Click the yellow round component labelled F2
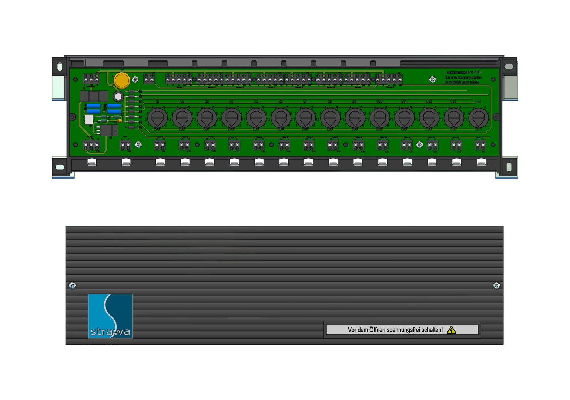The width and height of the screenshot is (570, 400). coord(122,80)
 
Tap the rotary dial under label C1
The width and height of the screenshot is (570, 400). coord(157,118)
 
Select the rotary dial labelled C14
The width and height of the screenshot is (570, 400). coord(478,118)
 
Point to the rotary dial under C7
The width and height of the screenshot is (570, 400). coord(305,118)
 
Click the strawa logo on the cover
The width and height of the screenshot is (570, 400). coord(110,316)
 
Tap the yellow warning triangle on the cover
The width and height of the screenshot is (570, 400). coord(451,330)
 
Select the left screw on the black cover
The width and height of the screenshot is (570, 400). coord(72,285)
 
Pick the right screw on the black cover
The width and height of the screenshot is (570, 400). coord(497,285)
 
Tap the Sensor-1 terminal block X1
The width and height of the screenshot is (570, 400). coord(179,79)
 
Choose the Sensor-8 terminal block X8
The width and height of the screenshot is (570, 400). coord(389,79)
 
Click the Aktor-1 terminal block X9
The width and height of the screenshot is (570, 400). coord(160,145)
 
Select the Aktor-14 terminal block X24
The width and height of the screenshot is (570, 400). coord(480,145)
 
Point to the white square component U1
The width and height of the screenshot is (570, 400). coord(89,120)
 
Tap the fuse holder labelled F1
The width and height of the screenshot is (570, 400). coord(94,96)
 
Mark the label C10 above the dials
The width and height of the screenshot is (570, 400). coord(379,101)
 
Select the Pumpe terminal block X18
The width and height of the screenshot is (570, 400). coord(91,145)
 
